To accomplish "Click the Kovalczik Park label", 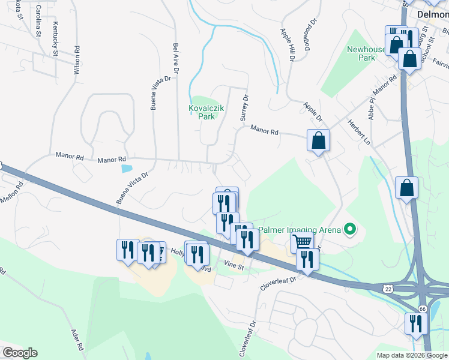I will [206, 112].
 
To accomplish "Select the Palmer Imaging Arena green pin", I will [348, 229].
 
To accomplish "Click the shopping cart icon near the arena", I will [302, 242].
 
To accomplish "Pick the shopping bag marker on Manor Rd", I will [319, 141].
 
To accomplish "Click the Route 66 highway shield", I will [423, 308].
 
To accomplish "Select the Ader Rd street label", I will [77, 340].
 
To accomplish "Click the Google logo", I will [20, 352].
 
